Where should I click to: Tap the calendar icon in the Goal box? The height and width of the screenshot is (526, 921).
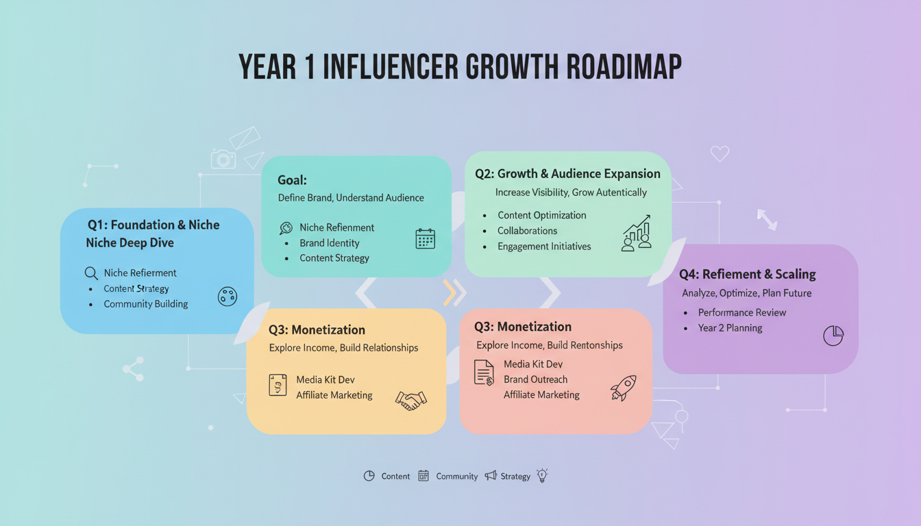coord(425,238)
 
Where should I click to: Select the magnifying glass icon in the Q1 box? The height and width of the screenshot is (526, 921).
coord(91,273)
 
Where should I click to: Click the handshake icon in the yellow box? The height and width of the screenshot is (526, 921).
coord(411,400)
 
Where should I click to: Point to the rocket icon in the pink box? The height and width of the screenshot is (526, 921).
coord(623,388)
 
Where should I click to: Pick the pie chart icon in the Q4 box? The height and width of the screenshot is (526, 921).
coord(833,336)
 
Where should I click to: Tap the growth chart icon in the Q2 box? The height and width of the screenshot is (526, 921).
coord(637,234)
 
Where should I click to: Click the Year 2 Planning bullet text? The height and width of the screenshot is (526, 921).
coord(730,328)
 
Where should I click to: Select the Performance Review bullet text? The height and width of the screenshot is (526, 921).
coord(742,312)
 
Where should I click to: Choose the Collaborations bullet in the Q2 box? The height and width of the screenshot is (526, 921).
coord(527,231)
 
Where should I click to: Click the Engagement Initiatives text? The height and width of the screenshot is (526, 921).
coord(544,247)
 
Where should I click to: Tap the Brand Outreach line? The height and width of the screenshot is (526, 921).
coord(535,379)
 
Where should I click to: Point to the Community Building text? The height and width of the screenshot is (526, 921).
coord(145,304)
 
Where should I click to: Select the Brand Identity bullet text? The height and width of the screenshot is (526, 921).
coord(329,243)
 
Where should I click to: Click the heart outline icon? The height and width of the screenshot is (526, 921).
coord(720,154)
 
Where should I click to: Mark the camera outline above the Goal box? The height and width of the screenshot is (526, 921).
coord(223,160)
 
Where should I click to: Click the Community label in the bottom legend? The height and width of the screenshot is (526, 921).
coord(456,476)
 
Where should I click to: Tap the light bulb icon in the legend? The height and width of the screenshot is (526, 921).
coord(543,475)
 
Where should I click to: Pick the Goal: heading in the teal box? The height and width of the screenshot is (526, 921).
coord(292,180)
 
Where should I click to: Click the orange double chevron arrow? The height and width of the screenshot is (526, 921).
coord(454,292)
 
